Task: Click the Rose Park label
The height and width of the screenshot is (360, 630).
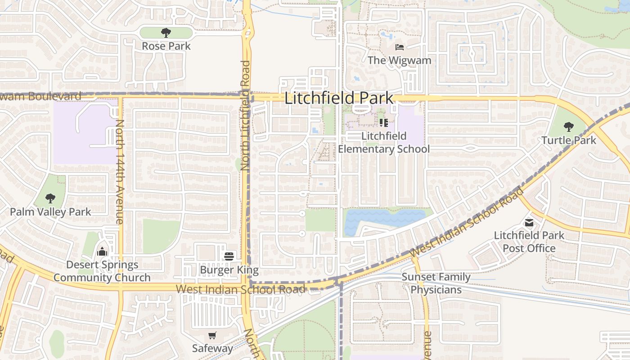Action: pos(166,46)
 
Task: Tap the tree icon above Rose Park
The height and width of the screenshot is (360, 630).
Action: pos(166,33)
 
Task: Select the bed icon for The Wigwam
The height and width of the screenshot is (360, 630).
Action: pos(399,47)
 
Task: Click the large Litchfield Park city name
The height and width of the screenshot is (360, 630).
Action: pos(339,98)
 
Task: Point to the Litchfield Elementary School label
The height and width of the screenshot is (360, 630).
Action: pos(384,142)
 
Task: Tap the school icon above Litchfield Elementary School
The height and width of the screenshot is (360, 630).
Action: pos(383,122)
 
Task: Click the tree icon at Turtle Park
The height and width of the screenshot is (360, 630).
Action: pos(569,127)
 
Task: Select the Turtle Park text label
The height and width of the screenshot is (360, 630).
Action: pos(569,140)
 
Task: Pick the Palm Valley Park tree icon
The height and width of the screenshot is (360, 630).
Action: pos(50,198)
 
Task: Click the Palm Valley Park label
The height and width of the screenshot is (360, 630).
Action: pos(50,211)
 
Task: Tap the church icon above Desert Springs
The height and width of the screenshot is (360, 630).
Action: pos(102,251)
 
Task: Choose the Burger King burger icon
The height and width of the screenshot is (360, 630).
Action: pos(229,256)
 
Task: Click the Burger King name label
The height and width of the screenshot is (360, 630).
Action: pos(229,270)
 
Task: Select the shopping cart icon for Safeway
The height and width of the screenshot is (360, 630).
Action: pos(212,335)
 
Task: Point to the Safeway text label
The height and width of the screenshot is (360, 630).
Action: pos(212,348)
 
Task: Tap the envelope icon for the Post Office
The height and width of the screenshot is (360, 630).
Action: pos(529,222)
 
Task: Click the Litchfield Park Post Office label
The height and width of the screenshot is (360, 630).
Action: pos(529,242)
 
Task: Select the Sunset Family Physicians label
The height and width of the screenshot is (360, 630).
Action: pos(436,283)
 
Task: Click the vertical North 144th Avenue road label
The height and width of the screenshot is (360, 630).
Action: pos(120,171)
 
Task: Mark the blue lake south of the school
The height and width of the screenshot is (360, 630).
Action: pos(382,218)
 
